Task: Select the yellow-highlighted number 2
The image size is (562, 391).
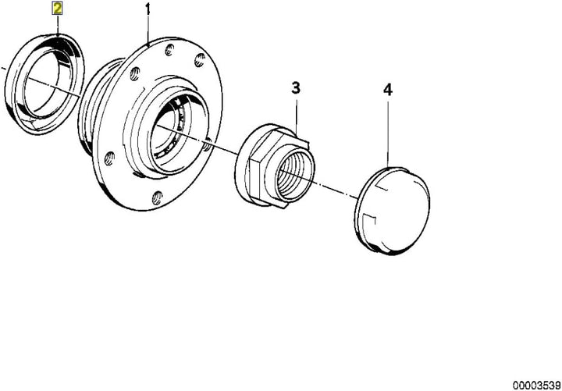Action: coord(57,9)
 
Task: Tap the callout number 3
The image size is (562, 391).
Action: coord(297,87)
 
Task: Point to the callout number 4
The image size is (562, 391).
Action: coord(388,90)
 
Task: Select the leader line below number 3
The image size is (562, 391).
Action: coord(297,109)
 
